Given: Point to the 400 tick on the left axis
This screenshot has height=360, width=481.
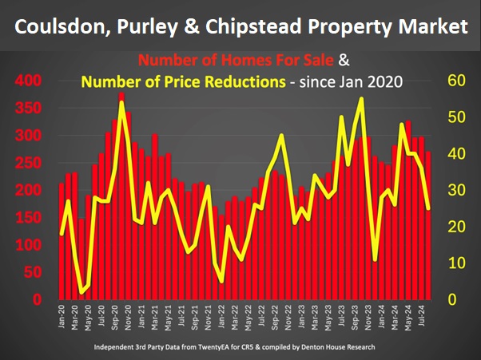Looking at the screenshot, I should (28, 81).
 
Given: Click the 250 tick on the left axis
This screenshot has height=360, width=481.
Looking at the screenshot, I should (28, 163).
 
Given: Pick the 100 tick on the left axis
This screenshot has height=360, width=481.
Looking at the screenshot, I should (28, 245).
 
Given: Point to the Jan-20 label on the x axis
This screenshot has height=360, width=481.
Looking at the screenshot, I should (62, 314).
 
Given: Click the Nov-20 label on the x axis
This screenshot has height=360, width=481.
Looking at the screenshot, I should (131, 314).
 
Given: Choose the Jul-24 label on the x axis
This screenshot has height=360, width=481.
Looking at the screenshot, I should (428, 314).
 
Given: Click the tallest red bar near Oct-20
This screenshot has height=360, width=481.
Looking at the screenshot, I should (121, 200).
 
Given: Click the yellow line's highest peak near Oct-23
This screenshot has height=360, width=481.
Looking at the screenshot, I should (362, 99).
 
